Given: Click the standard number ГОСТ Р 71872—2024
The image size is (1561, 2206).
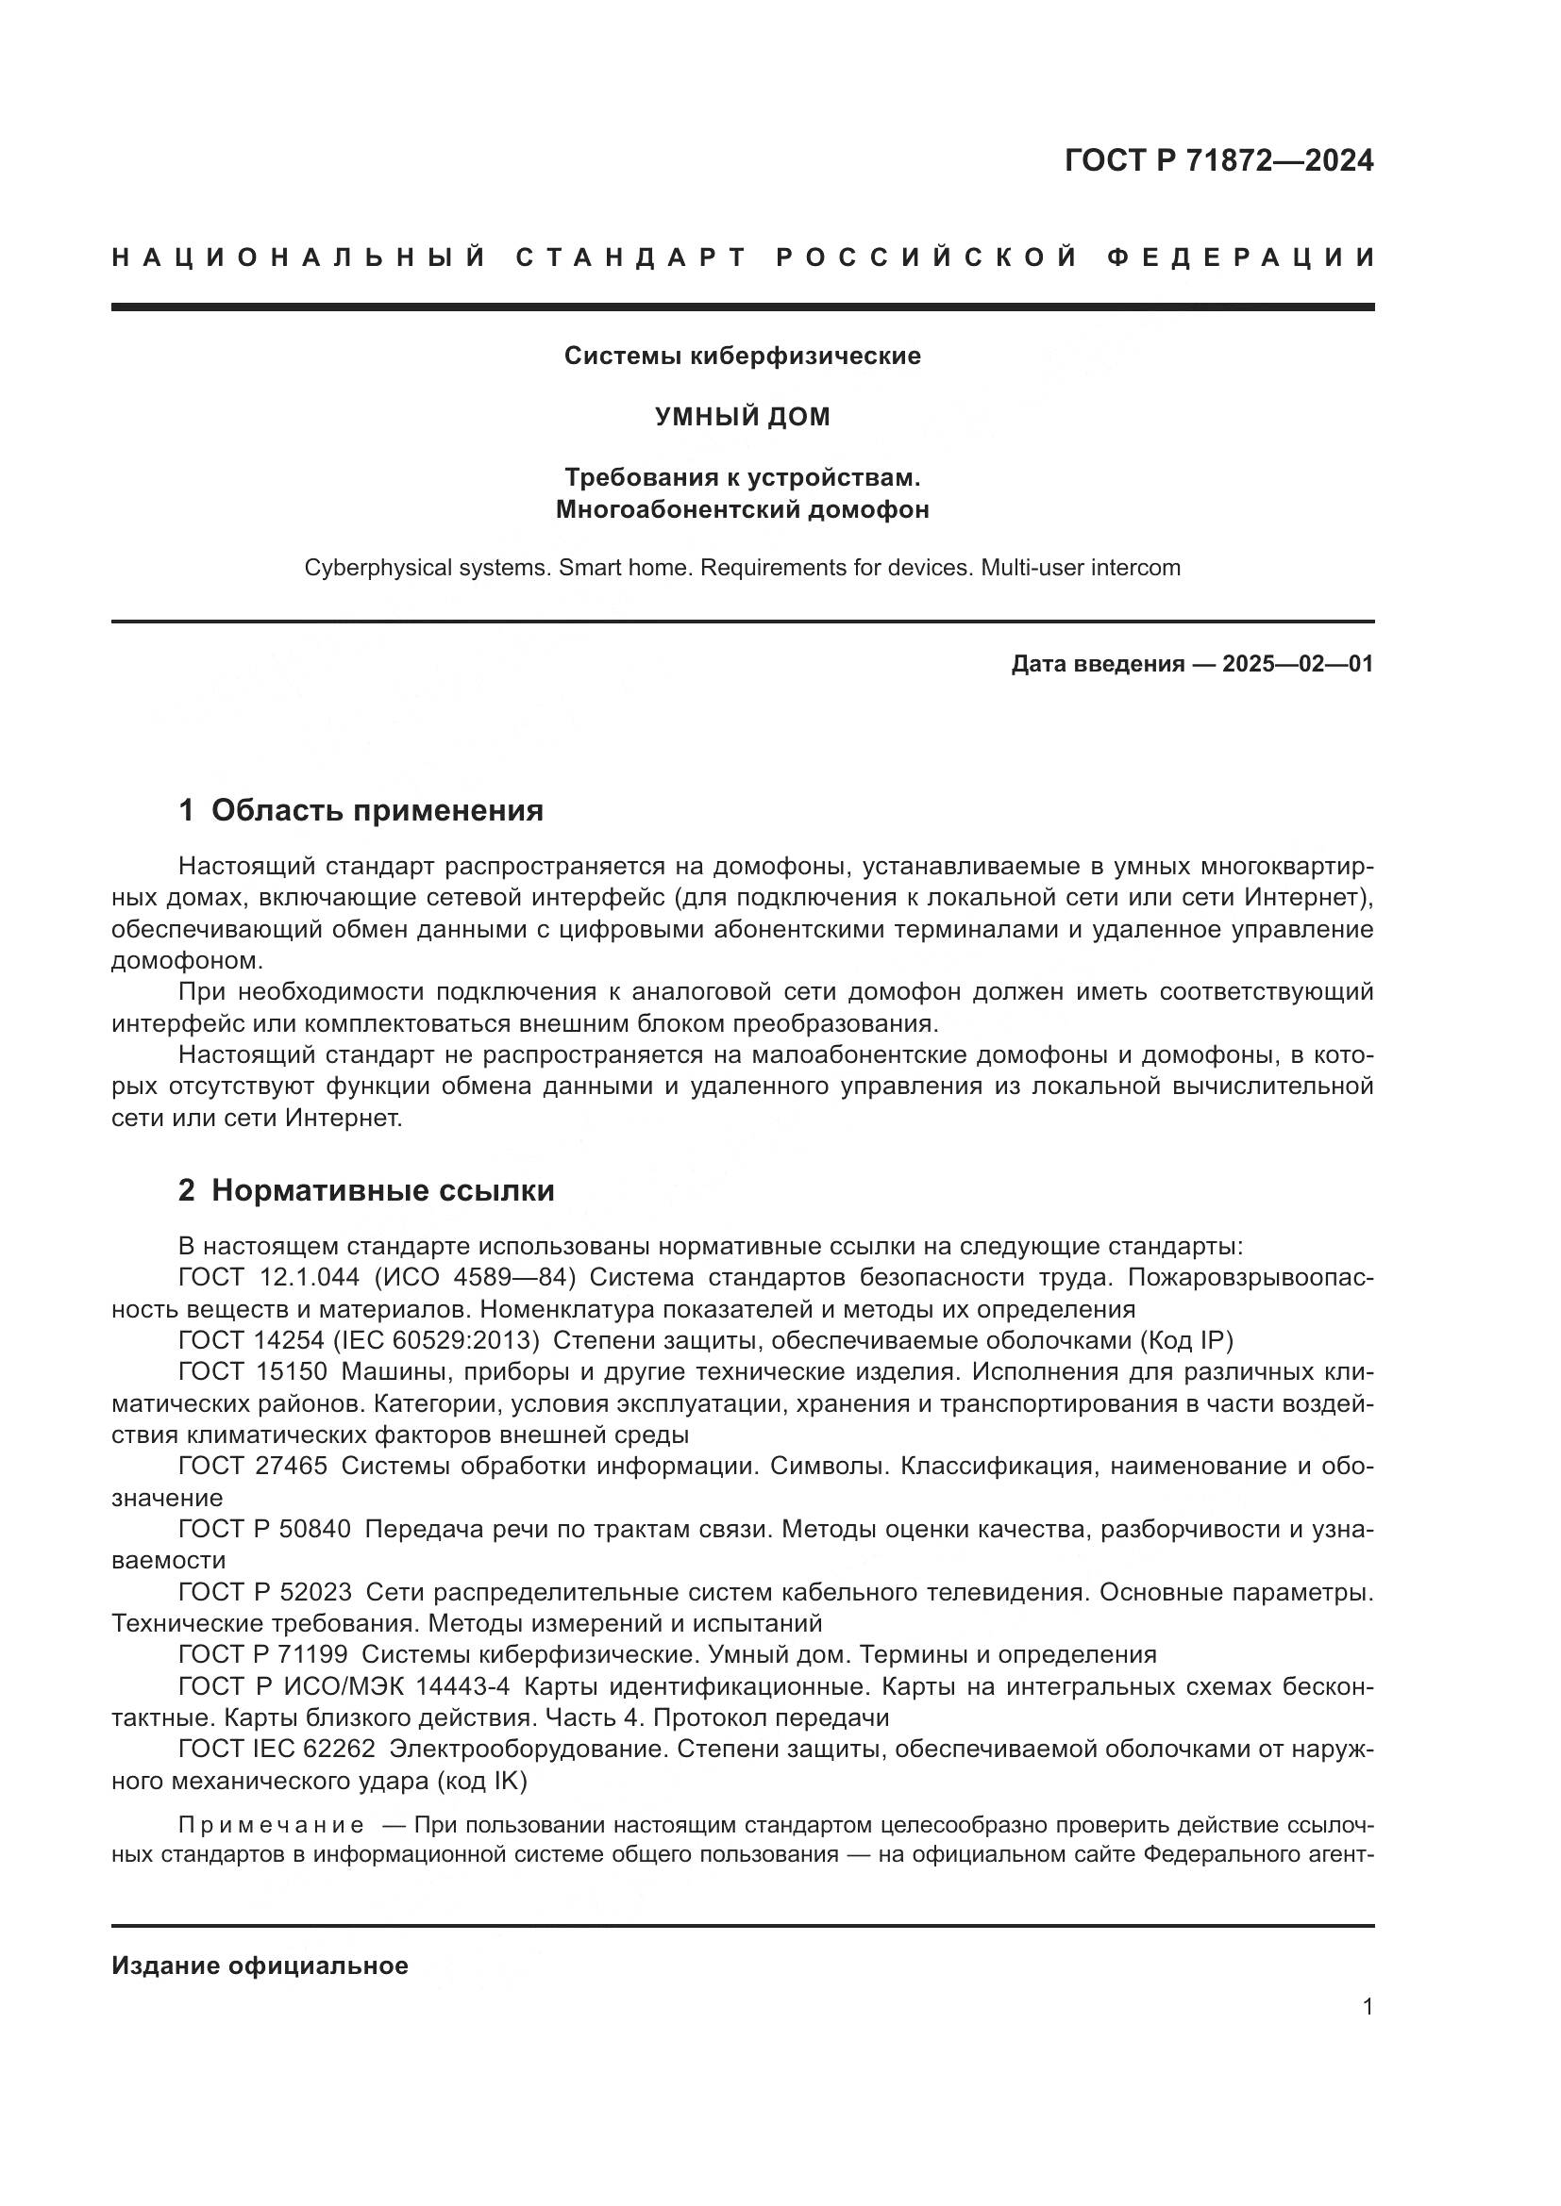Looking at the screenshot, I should click(1218, 160).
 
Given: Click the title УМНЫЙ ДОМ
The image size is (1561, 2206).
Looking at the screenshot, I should click(742, 417).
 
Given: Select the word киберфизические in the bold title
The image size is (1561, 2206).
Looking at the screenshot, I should click(805, 357).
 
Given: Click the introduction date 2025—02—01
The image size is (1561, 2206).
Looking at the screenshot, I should click(1297, 664).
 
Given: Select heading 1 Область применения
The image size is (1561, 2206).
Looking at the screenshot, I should click(361, 810).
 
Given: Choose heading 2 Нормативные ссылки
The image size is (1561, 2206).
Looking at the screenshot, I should click(366, 1190).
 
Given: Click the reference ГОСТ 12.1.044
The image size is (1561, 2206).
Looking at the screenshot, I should click(269, 1278).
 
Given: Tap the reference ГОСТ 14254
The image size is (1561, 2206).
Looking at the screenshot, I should click(252, 1340).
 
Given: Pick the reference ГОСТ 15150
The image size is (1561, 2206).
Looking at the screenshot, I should click(253, 1371).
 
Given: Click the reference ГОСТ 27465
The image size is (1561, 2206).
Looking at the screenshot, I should click(253, 1467).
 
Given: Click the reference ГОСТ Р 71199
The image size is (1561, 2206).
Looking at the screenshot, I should click(263, 1654).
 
